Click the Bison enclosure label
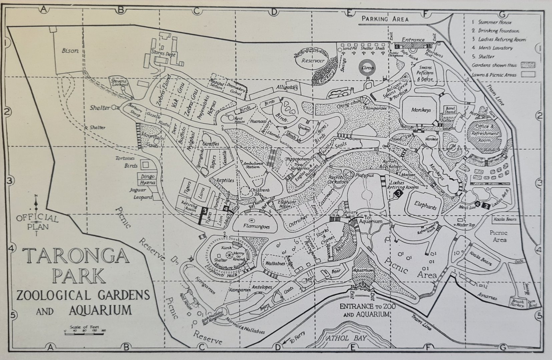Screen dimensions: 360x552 coord(70,51)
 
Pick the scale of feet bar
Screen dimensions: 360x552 coord(85,333)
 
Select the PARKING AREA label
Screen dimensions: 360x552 coord(386,19)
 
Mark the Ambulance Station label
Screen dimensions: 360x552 coord(253,165)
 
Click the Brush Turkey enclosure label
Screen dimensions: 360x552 coord(517,303)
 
